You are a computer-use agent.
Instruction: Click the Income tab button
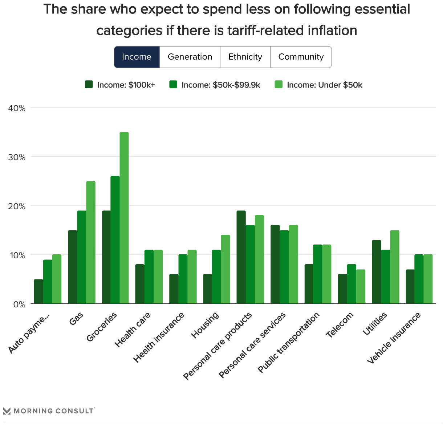(x=137, y=57)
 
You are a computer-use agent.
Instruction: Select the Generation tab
(x=190, y=57)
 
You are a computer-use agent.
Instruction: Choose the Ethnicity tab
(x=245, y=57)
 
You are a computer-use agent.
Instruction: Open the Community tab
(x=301, y=57)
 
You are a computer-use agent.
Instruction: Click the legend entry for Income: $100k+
(x=120, y=85)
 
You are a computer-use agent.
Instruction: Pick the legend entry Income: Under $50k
(x=320, y=85)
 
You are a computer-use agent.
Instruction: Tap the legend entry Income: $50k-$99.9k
(x=215, y=85)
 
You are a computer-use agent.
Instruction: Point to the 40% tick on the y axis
(x=17, y=108)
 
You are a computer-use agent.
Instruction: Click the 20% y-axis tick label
(x=17, y=206)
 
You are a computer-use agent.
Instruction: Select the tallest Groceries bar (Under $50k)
(x=124, y=218)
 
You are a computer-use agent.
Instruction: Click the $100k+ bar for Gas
(x=72, y=267)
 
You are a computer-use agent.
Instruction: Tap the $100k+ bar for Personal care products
(x=241, y=257)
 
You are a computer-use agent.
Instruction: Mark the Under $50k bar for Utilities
(x=395, y=267)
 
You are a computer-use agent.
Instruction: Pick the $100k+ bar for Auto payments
(x=38, y=291)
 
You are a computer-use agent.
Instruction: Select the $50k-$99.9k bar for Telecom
(x=351, y=284)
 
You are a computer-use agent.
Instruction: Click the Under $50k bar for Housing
(x=225, y=269)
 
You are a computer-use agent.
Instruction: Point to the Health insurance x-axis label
(x=159, y=338)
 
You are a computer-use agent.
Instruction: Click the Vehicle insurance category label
(x=394, y=338)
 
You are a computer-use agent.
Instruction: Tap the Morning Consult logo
(x=49, y=411)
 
